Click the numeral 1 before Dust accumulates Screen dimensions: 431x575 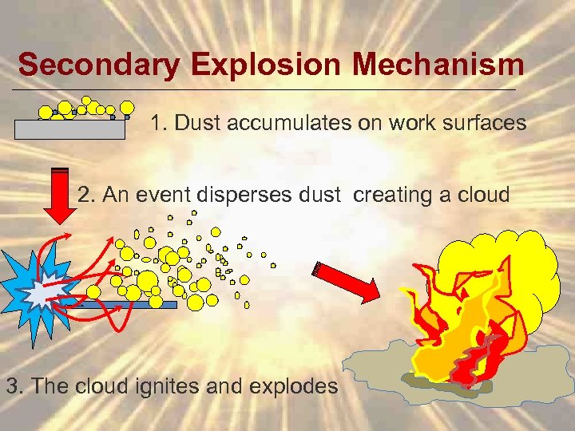coord(157,124)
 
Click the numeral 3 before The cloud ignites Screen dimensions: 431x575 coord(12,387)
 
